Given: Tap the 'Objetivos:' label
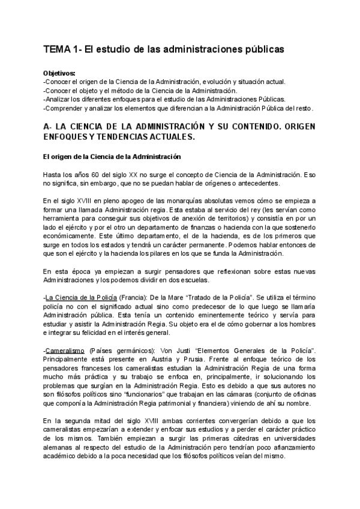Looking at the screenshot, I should click(x=59, y=73).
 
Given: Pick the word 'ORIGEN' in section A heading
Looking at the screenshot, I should click(x=294, y=127).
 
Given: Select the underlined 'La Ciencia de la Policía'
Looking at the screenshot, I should click(x=80, y=297).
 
